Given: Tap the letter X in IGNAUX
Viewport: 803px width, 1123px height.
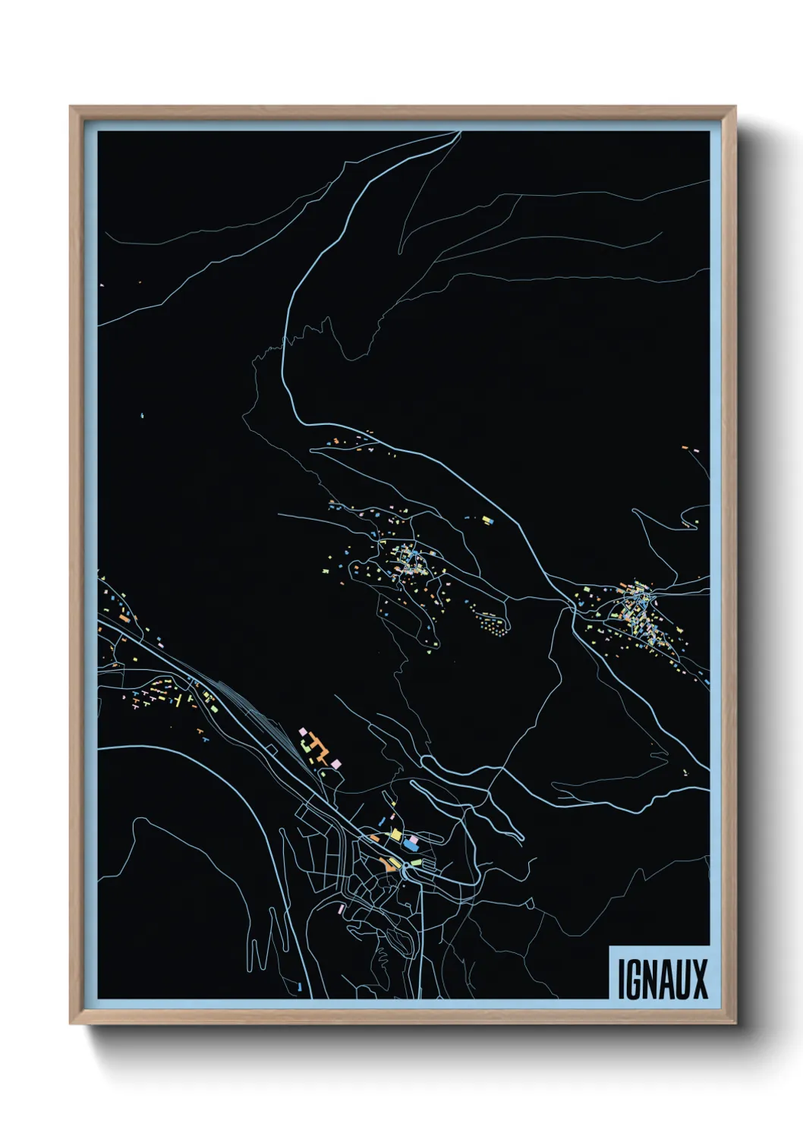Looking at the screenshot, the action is tap(700, 979).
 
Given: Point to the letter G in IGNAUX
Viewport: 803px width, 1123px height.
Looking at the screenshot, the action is tap(634, 979).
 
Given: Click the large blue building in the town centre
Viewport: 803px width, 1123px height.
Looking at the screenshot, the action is tap(411, 843).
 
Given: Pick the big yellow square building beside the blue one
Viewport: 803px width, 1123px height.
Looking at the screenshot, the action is tap(395, 835).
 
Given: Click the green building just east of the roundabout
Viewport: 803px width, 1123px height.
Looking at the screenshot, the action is tap(417, 862).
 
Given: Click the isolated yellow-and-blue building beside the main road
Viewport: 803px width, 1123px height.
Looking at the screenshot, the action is tap(487, 521).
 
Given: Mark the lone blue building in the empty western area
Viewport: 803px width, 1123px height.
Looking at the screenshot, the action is tap(143, 416).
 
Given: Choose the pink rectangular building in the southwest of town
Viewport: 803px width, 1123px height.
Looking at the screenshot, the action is tap(342, 908).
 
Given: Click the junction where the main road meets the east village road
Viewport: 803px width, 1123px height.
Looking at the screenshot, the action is tap(571, 605).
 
